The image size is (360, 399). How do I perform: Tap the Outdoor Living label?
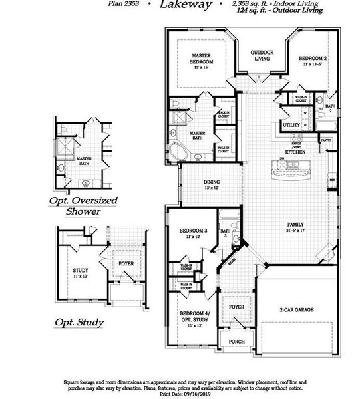coord(261,55)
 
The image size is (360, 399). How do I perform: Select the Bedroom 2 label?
coord(312,59)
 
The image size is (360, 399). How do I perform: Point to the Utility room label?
coord(291,124)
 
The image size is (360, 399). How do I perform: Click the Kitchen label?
coord(295,152)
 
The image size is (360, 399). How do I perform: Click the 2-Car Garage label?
coord(296,310)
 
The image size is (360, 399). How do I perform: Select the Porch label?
coord(236,342)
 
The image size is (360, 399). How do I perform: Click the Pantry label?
coord(326,140)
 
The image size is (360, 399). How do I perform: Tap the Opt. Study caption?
coord(79,323)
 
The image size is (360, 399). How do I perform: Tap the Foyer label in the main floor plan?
coord(236,307)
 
